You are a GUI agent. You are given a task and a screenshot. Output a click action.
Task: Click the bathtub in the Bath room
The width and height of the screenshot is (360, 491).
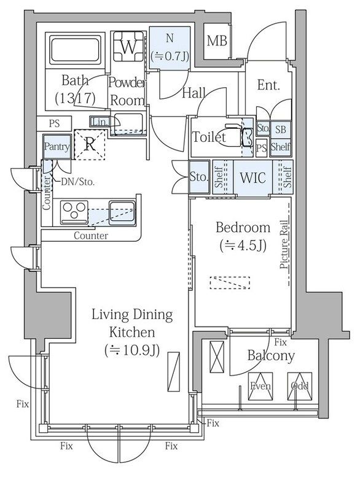coord(75,50)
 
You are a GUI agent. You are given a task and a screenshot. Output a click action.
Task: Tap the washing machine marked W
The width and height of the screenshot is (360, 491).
coord(128,47)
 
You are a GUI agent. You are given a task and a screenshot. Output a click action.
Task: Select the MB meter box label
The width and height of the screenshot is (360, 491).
coord(217,41)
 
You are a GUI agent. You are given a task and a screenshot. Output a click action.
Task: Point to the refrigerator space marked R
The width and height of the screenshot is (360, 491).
coord(90,145)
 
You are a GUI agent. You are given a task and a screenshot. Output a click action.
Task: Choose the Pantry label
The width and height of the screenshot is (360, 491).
coord(57,147)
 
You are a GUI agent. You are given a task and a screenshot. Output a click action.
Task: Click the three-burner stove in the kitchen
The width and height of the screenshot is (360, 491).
coord(74,211)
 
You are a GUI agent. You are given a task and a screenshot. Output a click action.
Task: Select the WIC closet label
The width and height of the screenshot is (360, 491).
coord(252,177)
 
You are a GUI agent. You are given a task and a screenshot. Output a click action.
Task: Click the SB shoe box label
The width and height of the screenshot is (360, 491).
coord(280,129)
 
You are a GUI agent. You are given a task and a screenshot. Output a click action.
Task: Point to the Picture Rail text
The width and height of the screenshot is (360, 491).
coord(284,244)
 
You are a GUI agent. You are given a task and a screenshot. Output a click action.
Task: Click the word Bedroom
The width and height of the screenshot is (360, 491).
coord(243,227)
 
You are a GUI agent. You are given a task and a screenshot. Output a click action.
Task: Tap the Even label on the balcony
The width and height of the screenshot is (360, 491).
coord(260,386)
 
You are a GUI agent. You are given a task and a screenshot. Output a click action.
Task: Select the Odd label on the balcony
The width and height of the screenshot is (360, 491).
coord(300,386)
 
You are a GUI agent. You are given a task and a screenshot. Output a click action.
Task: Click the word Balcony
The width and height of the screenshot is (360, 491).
coord(271,356)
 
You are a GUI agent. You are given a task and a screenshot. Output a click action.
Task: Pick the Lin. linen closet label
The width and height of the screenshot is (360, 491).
coord(100,122)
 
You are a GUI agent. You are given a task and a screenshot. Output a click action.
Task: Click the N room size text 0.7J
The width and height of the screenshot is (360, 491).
coord(170,56)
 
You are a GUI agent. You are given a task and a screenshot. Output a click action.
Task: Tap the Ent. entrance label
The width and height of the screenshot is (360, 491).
coord(268,85)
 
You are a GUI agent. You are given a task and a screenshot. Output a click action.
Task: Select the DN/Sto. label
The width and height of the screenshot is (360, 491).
coord(77,182)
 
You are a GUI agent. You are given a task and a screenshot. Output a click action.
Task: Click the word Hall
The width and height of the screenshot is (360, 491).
coord(194,93)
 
